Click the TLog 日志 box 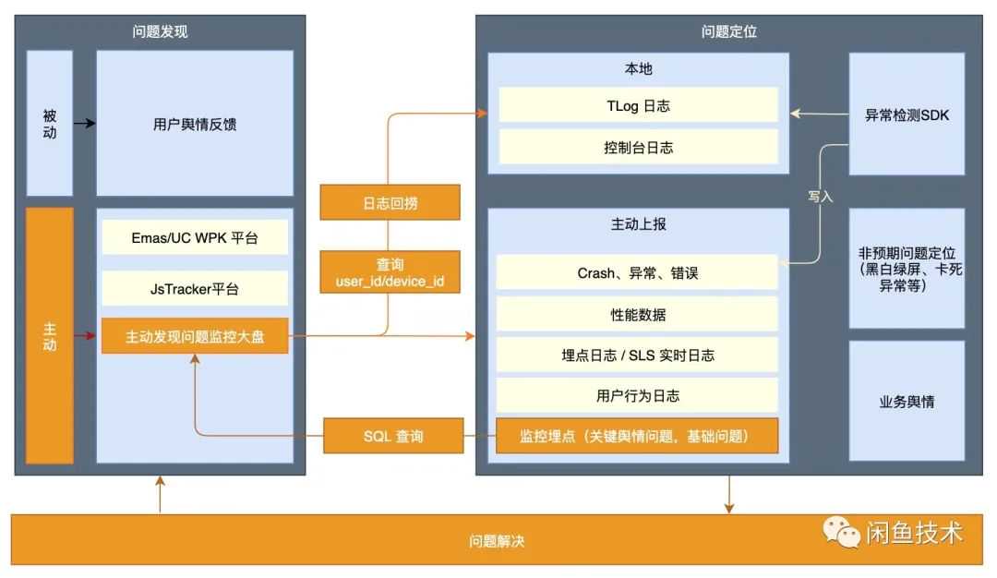tap(638, 106)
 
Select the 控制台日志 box tap(638, 147)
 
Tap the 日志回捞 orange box tap(390, 203)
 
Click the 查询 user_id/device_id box tap(390, 272)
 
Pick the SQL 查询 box tap(393, 436)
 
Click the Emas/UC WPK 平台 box tap(195, 238)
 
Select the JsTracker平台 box tap(195, 289)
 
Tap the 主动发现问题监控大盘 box tap(195, 337)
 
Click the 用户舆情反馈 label tap(195, 124)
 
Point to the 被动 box tap(50, 124)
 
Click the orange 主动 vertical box tap(50, 336)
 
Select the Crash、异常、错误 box tap(638, 272)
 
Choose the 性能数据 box tap(638, 315)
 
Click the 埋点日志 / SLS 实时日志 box tap(638, 355)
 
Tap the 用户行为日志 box tap(638, 396)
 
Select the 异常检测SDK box tap(907, 115)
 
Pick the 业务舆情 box tap(907, 402)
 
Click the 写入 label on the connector tap(820, 197)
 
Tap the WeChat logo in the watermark tap(842, 531)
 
